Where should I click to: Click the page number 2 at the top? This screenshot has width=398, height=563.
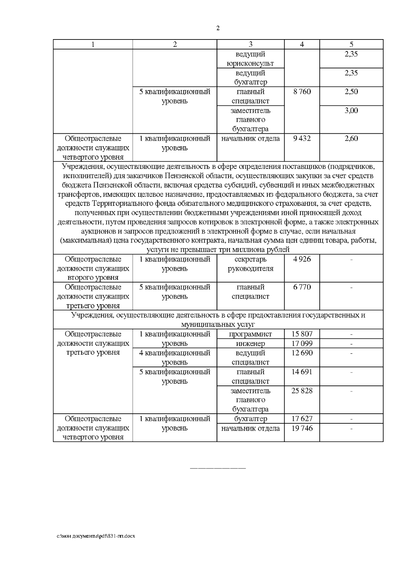coord(218,29)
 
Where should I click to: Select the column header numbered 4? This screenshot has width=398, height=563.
coord(302,44)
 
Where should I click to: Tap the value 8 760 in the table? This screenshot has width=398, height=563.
coord(302,92)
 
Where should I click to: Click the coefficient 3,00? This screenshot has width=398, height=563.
coord(351,110)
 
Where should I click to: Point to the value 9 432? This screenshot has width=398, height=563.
coord(302,139)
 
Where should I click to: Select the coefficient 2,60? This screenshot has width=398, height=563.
coord(351,139)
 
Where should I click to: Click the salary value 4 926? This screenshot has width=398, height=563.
coord(302,259)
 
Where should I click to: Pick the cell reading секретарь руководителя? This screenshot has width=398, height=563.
coord(250,264)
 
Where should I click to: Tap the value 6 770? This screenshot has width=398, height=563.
coord(302,287)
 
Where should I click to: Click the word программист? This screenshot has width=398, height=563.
coord(250,334)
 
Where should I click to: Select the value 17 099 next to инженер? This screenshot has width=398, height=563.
coord(302,344)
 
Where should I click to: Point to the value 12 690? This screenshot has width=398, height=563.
coord(302,353)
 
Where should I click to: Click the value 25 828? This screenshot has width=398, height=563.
coord(302,391)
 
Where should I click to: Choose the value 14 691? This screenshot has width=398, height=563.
coord(302,372)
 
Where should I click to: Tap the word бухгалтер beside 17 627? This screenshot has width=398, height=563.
coord(250,419)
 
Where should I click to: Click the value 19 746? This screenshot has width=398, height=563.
coord(302,428)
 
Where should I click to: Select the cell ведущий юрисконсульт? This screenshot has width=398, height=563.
coord(250,59)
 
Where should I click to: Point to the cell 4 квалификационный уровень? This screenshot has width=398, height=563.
coord(174,358)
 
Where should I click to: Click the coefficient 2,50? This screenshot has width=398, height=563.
coord(351,92)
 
